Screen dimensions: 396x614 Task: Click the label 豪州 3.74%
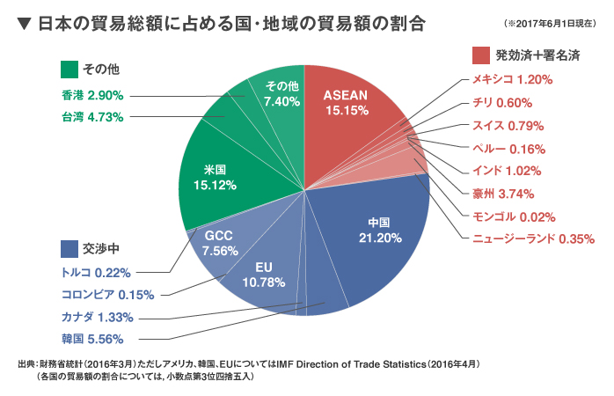coord(509,194)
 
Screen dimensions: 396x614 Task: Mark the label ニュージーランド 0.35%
coord(528,238)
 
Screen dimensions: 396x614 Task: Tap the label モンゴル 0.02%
coord(514,216)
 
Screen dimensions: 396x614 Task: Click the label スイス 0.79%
coord(508,125)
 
